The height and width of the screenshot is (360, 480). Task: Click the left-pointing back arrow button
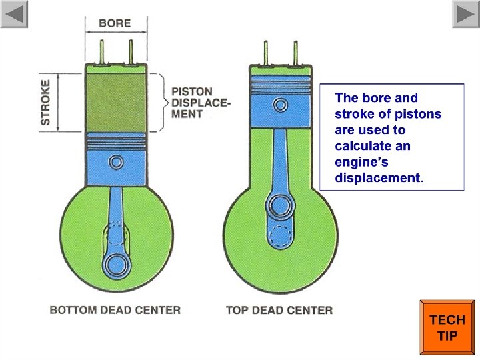pos(15,14)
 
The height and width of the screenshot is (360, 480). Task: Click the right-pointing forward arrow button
pos(465,14)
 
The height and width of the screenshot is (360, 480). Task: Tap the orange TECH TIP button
pos(447,328)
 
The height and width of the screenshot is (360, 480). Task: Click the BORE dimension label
pos(115,23)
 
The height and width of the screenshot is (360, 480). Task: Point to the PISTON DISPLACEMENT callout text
pos(201,103)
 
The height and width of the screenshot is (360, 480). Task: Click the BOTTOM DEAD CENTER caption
pos(115,310)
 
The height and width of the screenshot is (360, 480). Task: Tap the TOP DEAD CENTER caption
pos(279,310)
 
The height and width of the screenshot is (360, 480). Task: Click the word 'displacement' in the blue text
pos(378,178)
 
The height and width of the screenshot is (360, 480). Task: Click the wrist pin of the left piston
pos(116,162)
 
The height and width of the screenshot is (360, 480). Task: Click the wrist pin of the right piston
pos(281,105)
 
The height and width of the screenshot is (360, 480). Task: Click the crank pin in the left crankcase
pos(117,263)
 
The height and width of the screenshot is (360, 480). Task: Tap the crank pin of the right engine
pos(277,203)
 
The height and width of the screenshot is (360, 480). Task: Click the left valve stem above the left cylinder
pos(102,50)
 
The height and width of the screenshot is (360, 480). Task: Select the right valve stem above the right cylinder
pos(294,52)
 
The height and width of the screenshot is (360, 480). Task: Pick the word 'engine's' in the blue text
pos(361,162)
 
